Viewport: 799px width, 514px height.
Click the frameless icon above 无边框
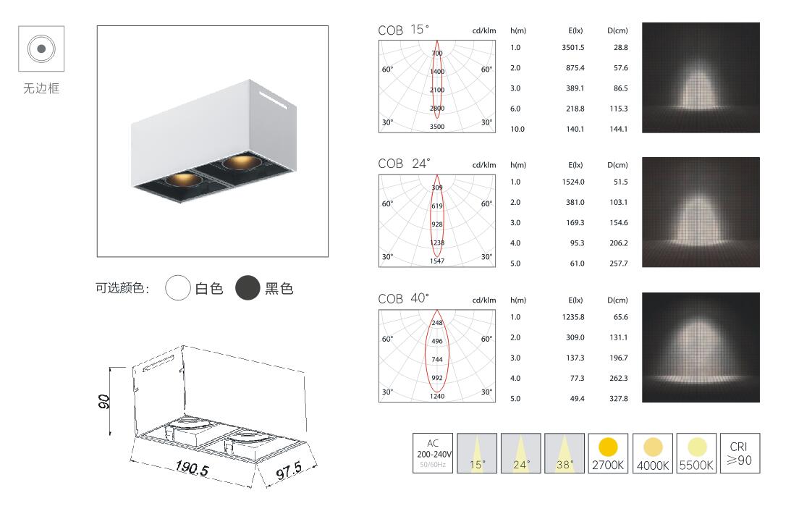[x=41, y=49]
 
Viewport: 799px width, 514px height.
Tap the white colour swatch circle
[x=178, y=287]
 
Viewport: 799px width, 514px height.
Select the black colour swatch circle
[x=248, y=287]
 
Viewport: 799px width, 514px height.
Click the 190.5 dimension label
[x=192, y=468]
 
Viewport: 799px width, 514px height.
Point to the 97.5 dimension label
[x=289, y=471]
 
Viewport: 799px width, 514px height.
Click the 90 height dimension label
[x=103, y=401]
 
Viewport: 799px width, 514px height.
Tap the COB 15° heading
[x=404, y=30]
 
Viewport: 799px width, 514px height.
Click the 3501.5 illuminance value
[x=573, y=48]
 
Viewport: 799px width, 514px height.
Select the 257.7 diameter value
[x=619, y=264]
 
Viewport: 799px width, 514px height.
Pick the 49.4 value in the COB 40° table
[x=578, y=399]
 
